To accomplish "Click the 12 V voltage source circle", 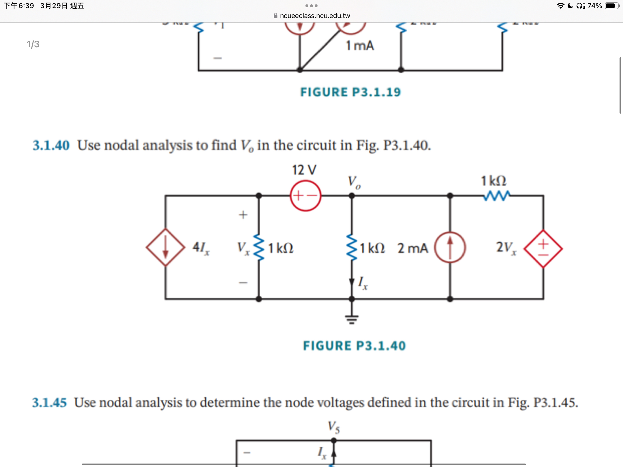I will [305, 196].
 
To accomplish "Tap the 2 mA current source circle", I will [450, 247].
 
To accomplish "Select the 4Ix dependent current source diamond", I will [166, 247].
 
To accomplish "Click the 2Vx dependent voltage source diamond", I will [543, 248].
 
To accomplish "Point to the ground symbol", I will [352, 319].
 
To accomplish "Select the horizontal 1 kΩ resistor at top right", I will [496, 196].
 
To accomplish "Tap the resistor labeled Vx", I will [259, 247].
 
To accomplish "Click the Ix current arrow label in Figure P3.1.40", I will [363, 283].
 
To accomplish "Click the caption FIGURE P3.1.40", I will [354, 346].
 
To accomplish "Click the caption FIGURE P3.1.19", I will [350, 92].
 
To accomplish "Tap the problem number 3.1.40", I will [51, 145].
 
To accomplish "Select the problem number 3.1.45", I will [49, 402].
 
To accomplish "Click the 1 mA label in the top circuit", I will [360, 46].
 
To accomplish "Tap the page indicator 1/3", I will [33, 44].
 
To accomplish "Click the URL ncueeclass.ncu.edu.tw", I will [315, 16].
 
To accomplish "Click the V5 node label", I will [334, 427].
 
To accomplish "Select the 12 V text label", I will [304, 170].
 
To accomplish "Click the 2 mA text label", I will [413, 248].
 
